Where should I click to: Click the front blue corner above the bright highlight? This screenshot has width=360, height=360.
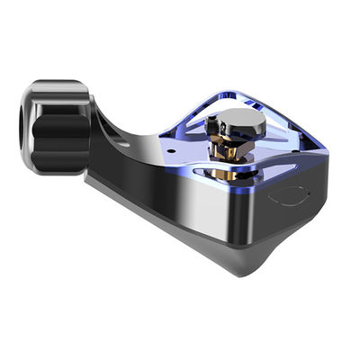coord(209,180)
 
